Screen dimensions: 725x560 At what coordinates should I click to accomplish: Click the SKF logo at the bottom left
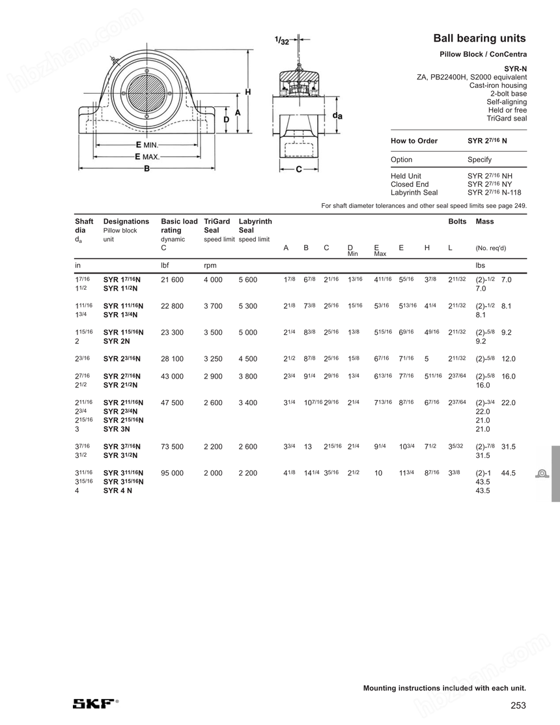pyautogui.click(x=95, y=703)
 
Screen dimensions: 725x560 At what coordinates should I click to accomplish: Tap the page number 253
pyautogui.click(x=518, y=705)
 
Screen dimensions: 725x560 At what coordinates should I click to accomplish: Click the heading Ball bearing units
pyautogui.click(x=479, y=38)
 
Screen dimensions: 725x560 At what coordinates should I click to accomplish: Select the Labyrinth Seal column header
pyautogui.click(x=255, y=225)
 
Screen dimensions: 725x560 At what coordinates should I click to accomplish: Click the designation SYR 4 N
pyautogui.click(x=117, y=490)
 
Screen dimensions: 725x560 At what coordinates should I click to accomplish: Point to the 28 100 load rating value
pyautogui.click(x=172, y=358)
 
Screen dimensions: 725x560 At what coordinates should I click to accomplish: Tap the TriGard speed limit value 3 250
pyautogui.click(x=213, y=358)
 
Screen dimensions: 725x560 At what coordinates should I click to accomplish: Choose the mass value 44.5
pyautogui.click(x=509, y=473)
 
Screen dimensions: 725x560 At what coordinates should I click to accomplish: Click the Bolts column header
pyautogui.click(x=457, y=221)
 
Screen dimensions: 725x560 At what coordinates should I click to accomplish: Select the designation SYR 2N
pyautogui.click(x=116, y=341)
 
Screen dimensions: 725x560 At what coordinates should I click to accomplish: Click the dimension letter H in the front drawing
pyautogui.click(x=247, y=92)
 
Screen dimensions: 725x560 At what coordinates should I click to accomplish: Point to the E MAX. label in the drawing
pyautogui.click(x=147, y=157)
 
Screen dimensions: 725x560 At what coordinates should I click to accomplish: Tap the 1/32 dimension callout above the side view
pyautogui.click(x=283, y=41)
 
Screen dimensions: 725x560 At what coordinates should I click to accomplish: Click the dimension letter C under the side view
pyautogui.click(x=298, y=170)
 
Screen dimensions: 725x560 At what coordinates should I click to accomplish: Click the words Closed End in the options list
pyautogui.click(x=409, y=184)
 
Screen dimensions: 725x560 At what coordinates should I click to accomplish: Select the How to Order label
pyautogui.click(x=414, y=141)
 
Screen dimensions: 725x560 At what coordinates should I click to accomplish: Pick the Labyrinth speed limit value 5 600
pyautogui.click(x=247, y=279)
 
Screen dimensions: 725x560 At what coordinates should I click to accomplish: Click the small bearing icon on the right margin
pyautogui.click(x=541, y=473)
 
